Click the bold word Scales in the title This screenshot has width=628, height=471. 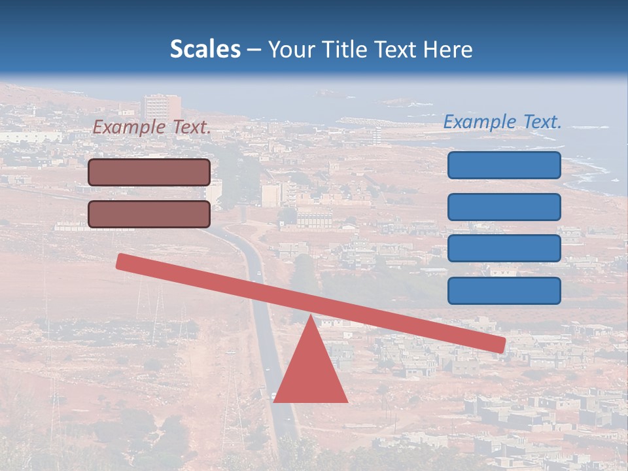[205, 50]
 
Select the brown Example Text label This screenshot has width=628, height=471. [152, 128]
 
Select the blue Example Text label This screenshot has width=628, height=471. [502, 122]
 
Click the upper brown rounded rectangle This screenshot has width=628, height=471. [149, 172]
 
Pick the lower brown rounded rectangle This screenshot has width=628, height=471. [149, 214]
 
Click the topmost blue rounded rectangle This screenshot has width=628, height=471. [504, 165]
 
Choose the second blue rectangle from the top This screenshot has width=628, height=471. [504, 207]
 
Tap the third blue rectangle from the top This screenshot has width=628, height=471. [504, 249]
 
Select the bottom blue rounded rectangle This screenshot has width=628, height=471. [504, 290]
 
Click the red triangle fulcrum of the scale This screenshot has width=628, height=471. [311, 373]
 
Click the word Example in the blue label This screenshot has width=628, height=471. [480, 122]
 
